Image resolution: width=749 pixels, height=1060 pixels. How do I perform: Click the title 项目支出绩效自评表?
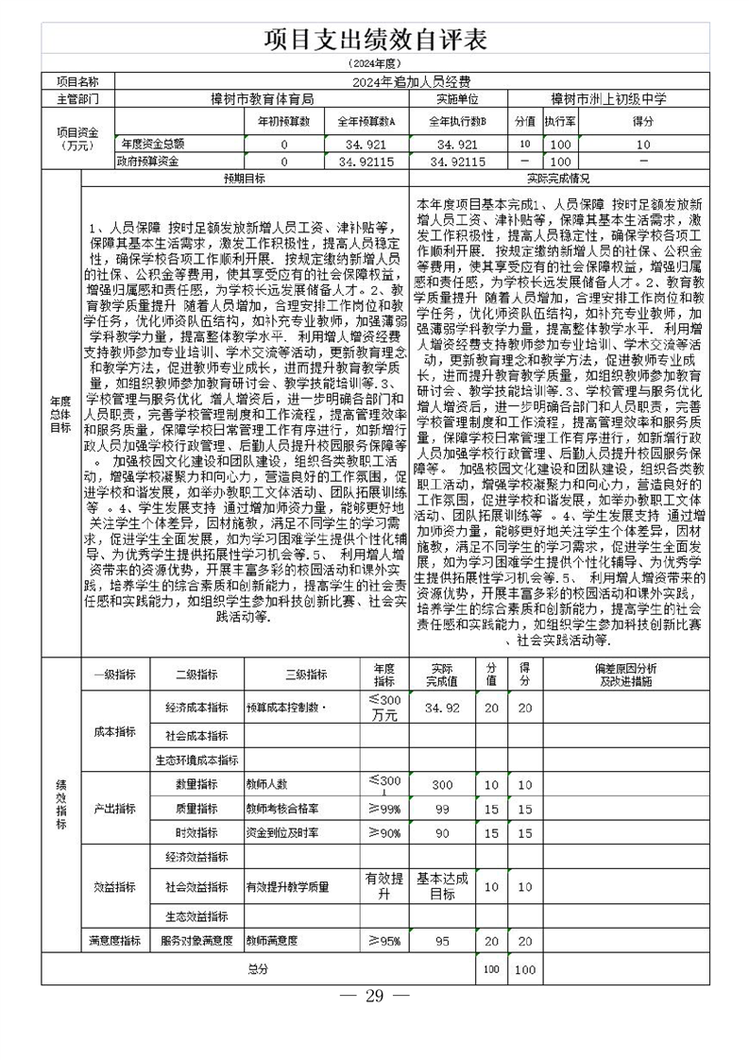pyautogui.click(x=375, y=39)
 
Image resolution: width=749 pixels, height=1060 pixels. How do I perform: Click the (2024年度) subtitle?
pyautogui.click(x=375, y=63)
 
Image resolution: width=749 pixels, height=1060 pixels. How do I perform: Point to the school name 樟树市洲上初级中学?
pyautogui.click(x=609, y=97)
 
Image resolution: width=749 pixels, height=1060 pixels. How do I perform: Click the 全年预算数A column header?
pyautogui.click(x=366, y=121)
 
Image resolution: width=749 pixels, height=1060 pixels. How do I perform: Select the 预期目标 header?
pyautogui.click(x=244, y=178)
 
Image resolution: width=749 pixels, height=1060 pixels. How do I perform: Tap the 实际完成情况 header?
pyautogui.click(x=558, y=178)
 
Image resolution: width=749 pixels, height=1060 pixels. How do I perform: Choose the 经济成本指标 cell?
pyautogui.click(x=196, y=707)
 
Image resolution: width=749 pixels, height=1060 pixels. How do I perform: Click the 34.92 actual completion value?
pyautogui.click(x=442, y=707)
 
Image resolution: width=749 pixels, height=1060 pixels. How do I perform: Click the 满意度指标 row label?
pyautogui.click(x=114, y=940)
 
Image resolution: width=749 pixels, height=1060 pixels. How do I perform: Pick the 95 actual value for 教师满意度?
pyautogui.click(x=442, y=940)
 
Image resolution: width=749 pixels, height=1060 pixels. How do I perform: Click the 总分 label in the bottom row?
pyautogui.click(x=258, y=969)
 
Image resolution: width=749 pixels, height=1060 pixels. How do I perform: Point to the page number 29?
pyautogui.click(x=374, y=996)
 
